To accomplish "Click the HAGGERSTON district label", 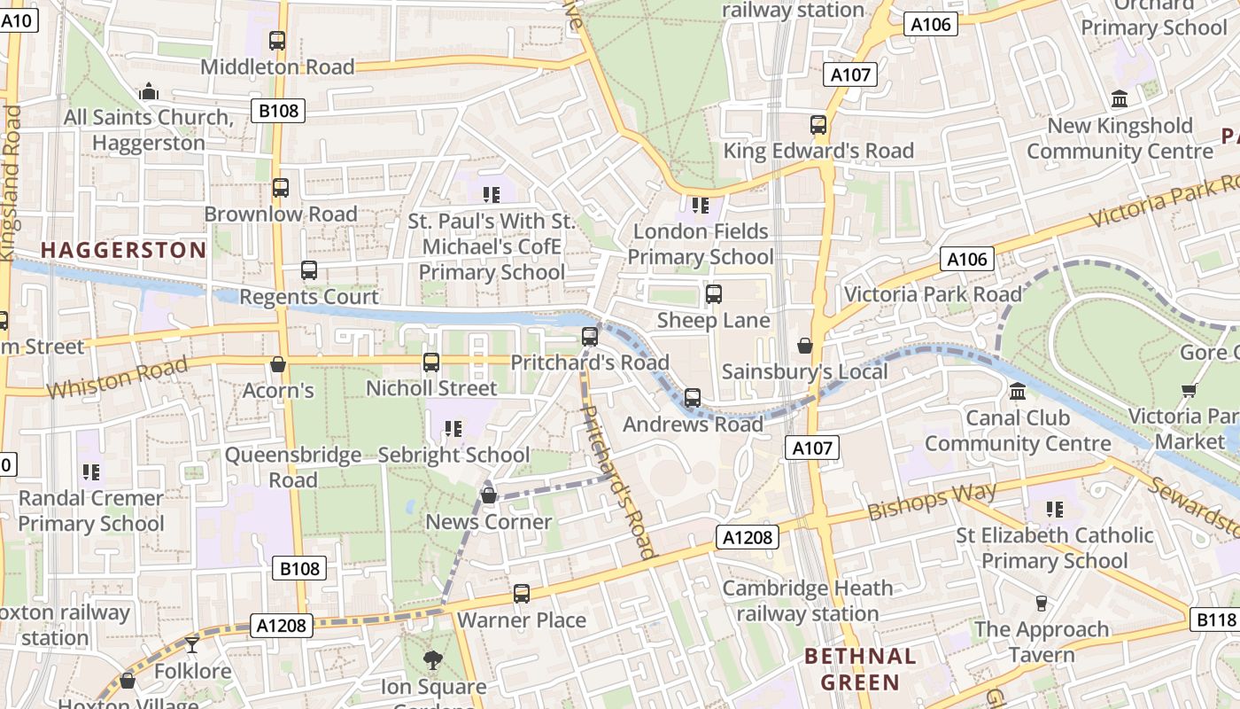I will click(x=123, y=251).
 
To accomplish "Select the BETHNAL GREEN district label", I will click(x=859, y=669).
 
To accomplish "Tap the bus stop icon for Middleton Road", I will click(x=277, y=41).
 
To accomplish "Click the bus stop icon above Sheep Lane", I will click(x=713, y=294).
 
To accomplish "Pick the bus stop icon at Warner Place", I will click(x=522, y=594).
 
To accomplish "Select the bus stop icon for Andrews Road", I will click(x=693, y=398).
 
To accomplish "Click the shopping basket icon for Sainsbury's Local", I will click(x=804, y=346).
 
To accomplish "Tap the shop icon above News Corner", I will click(x=488, y=495).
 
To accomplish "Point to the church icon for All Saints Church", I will click(x=148, y=91).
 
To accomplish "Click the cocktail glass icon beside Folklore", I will click(x=192, y=644).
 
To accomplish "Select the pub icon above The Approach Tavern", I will click(x=1041, y=604).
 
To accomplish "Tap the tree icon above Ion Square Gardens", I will click(x=432, y=659).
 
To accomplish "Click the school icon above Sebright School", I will click(x=453, y=429).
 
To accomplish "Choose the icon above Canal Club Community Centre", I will click(x=1018, y=391).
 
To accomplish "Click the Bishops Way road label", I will click(x=932, y=501).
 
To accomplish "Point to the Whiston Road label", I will click(x=117, y=378).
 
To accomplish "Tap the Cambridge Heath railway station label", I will click(x=807, y=601).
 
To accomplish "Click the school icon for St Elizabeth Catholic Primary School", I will click(x=1054, y=509).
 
